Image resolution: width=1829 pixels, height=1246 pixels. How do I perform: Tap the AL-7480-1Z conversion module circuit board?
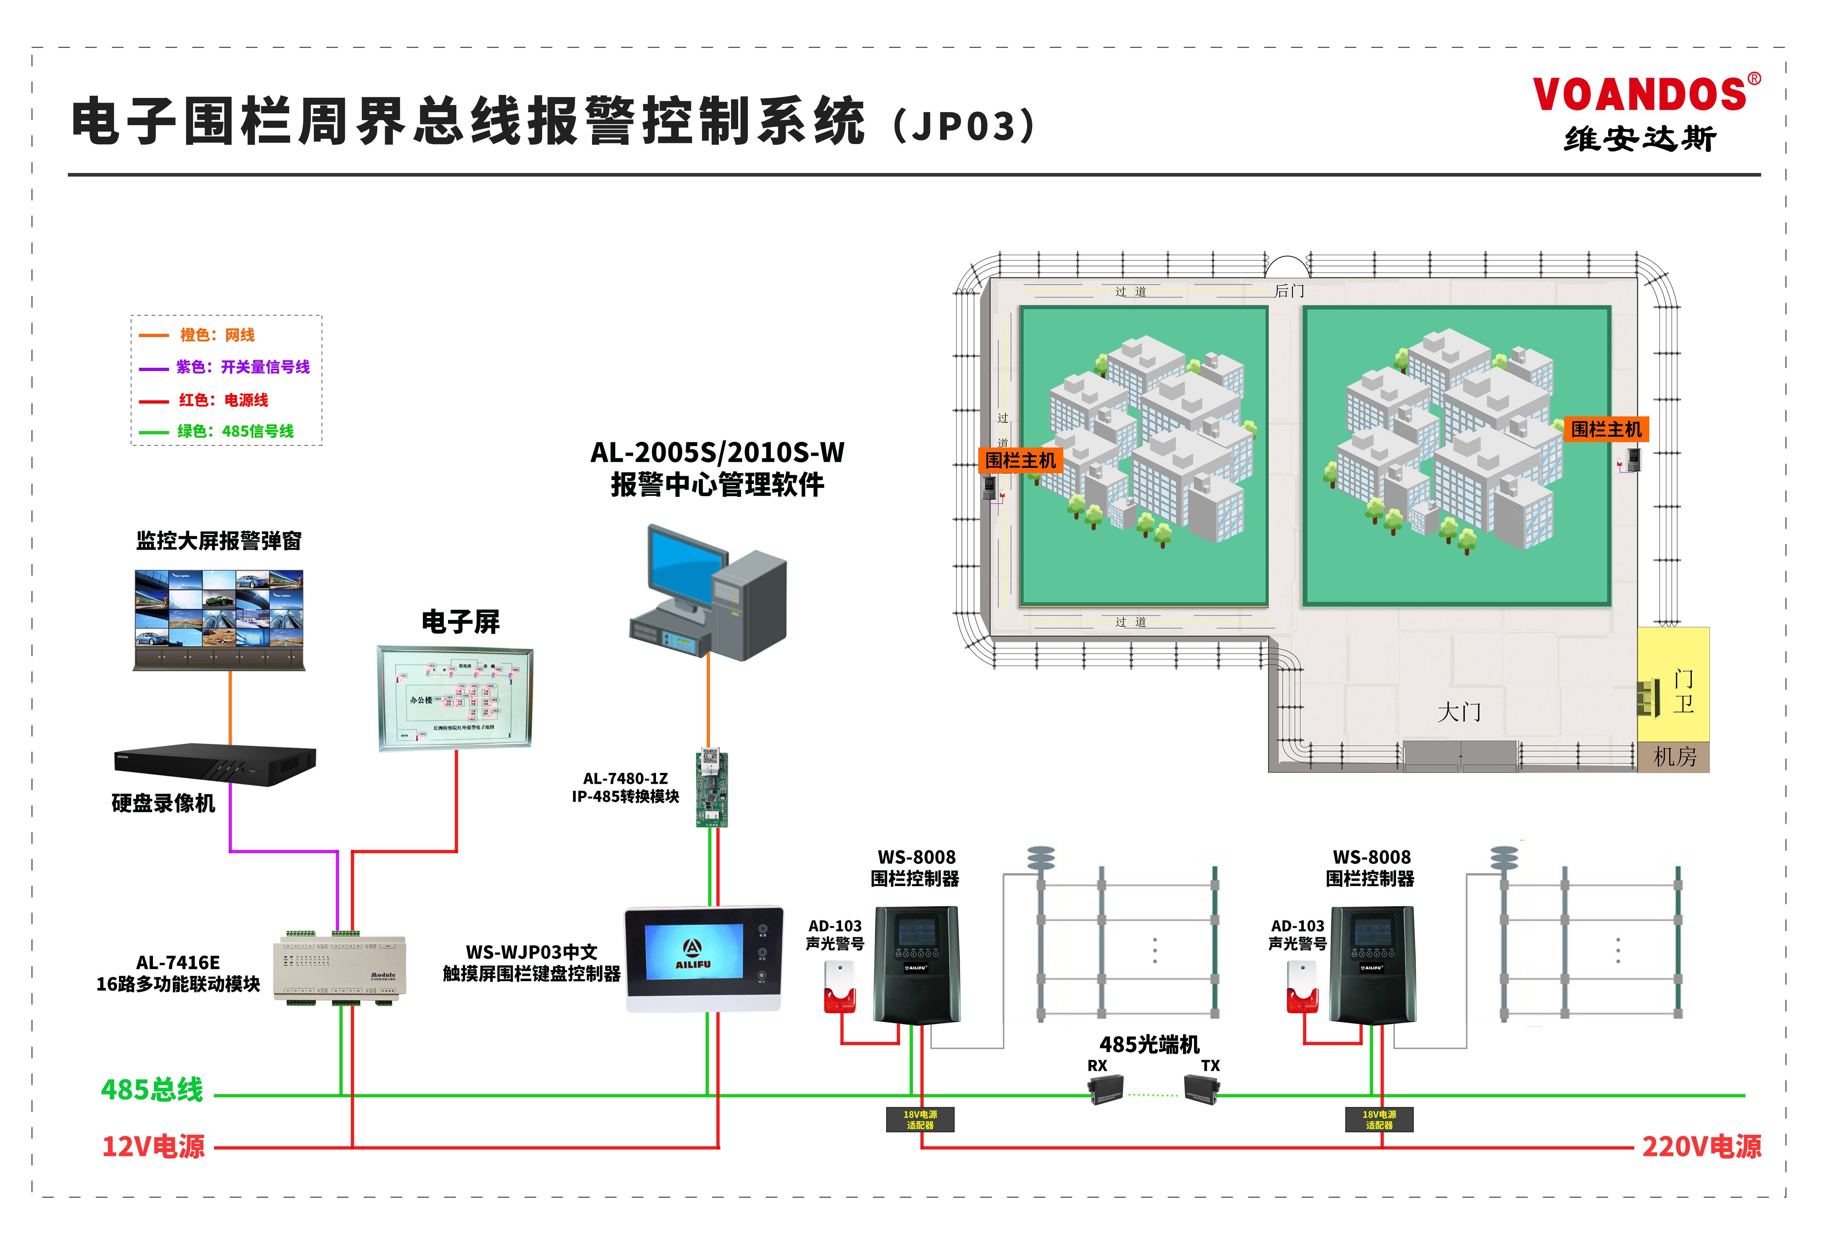[711, 787]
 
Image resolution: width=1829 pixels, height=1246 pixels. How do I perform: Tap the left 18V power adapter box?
[919, 1119]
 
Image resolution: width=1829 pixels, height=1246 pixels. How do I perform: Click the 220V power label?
[1701, 1147]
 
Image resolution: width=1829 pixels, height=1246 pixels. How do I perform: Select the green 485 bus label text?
[152, 1090]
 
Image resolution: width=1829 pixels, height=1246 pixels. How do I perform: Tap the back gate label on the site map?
[1289, 291]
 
